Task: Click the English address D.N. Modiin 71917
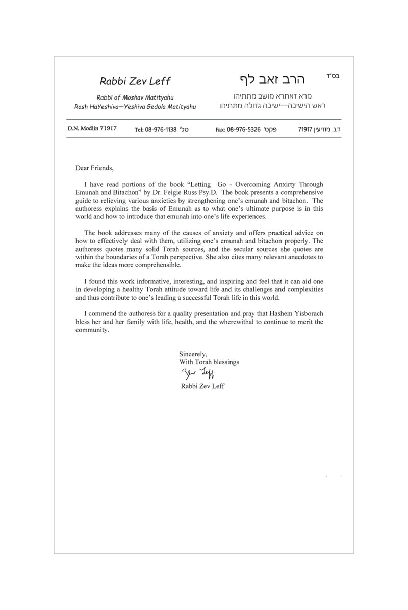click(x=92, y=129)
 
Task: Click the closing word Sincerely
click(x=193, y=354)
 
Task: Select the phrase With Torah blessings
click(x=209, y=362)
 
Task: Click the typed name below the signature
click(x=202, y=386)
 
